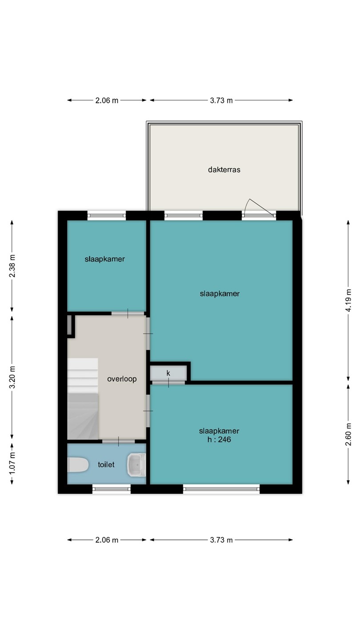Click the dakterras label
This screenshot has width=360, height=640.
[x=224, y=170]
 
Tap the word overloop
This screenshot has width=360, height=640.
[x=122, y=379]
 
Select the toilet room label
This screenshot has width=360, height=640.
[x=106, y=464]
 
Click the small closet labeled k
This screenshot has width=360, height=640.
[x=168, y=373]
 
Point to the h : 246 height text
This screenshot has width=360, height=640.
[x=219, y=440]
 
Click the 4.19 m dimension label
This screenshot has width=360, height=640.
[x=348, y=300]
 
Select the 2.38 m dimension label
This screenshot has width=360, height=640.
[x=12, y=266]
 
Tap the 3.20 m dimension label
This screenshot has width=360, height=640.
[x=12, y=377]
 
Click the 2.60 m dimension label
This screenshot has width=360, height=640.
[x=348, y=434]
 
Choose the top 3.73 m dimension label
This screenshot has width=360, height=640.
[x=221, y=100]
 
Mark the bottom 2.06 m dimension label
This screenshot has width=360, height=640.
[x=107, y=540]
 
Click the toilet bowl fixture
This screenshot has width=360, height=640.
[x=78, y=465]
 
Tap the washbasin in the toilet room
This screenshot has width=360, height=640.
[x=136, y=465]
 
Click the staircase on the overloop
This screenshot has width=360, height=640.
[x=83, y=399]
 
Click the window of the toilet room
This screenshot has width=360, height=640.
[x=112, y=489]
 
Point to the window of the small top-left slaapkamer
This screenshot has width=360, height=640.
[x=107, y=216]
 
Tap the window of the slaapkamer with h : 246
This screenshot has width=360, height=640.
[x=221, y=489]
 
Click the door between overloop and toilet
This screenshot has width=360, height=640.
[x=119, y=441]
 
